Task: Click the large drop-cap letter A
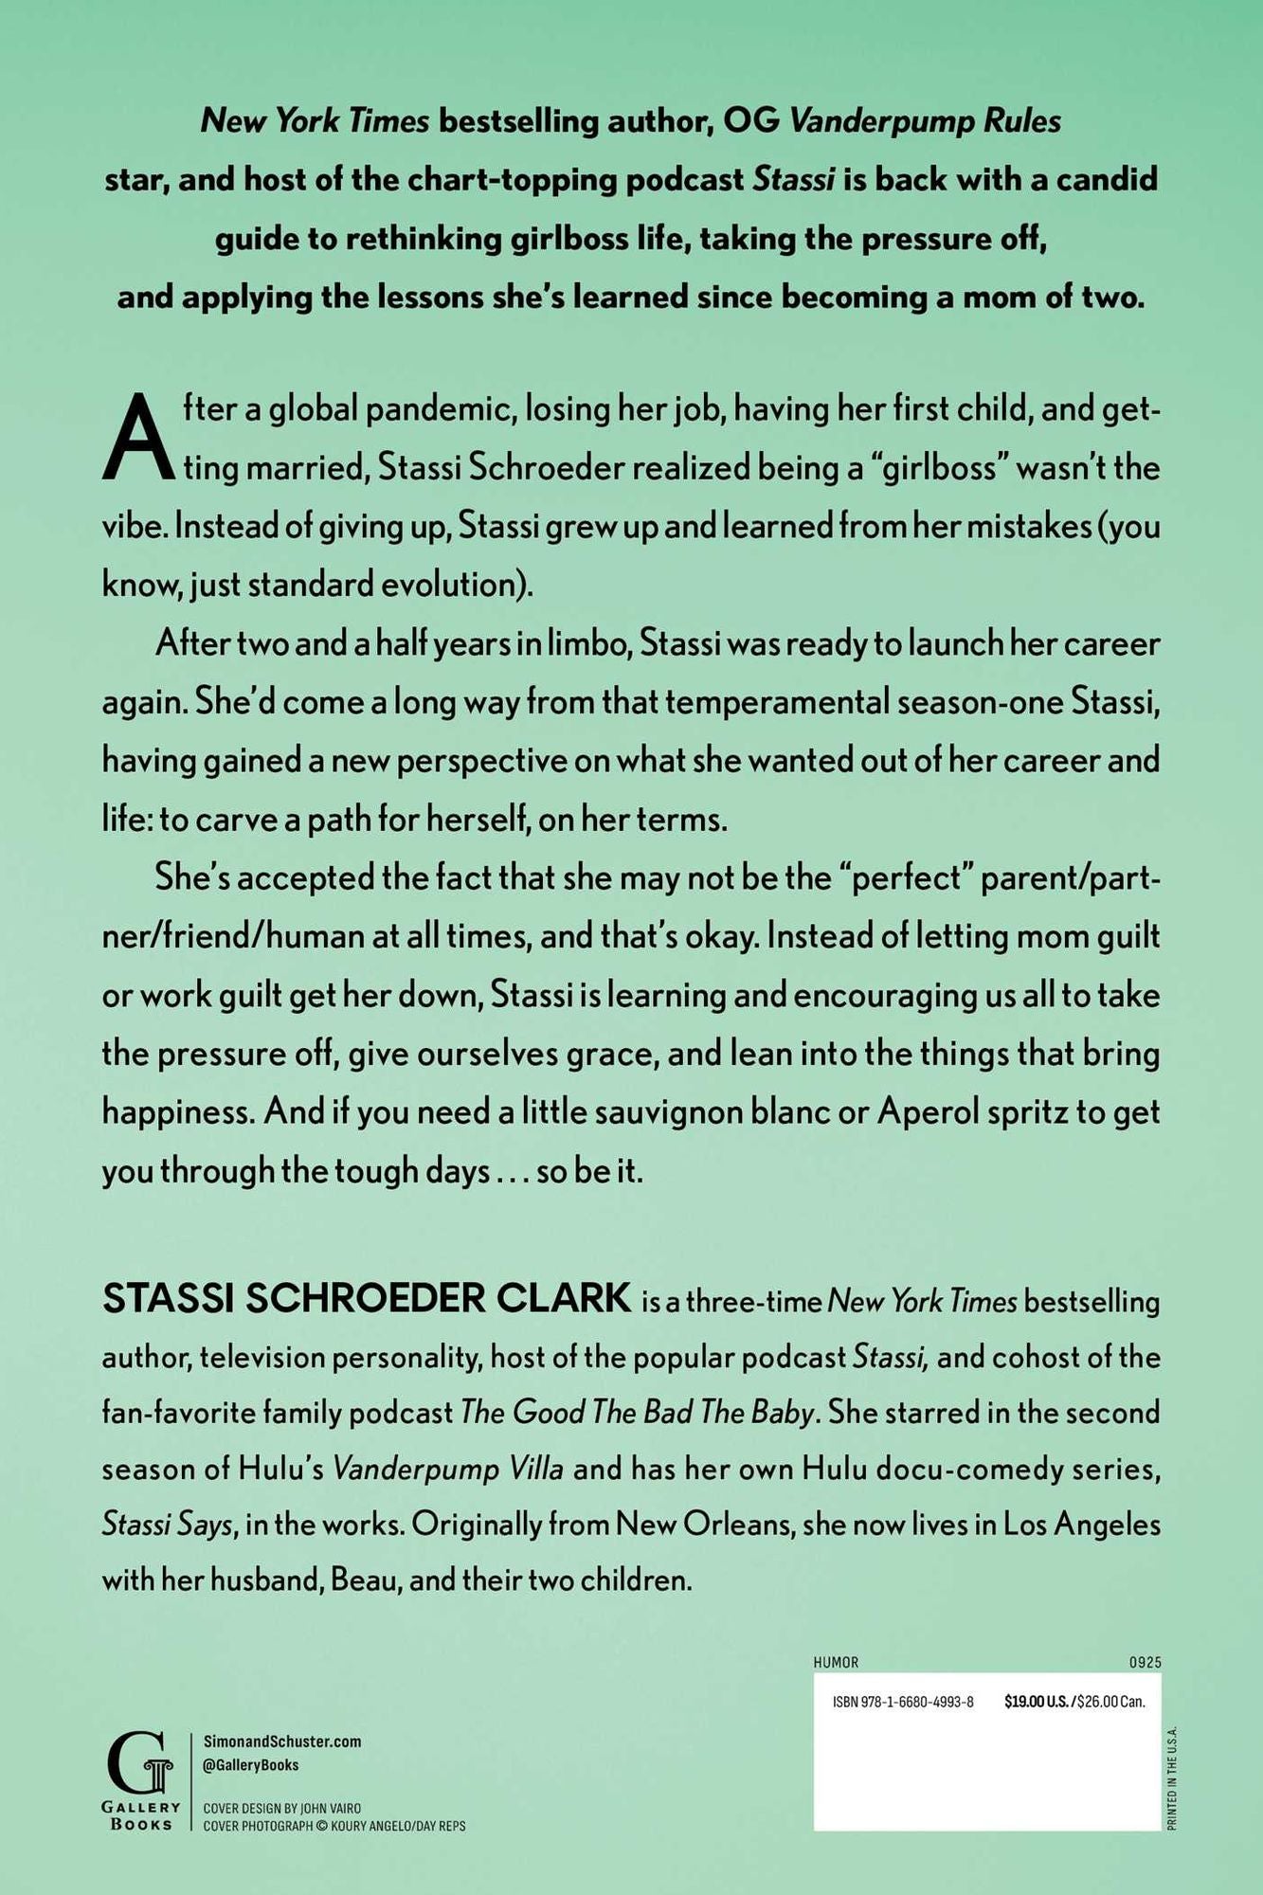138,439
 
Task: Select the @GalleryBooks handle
251,1764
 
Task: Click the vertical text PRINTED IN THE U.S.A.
1172,1778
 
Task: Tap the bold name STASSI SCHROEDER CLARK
367,1299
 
